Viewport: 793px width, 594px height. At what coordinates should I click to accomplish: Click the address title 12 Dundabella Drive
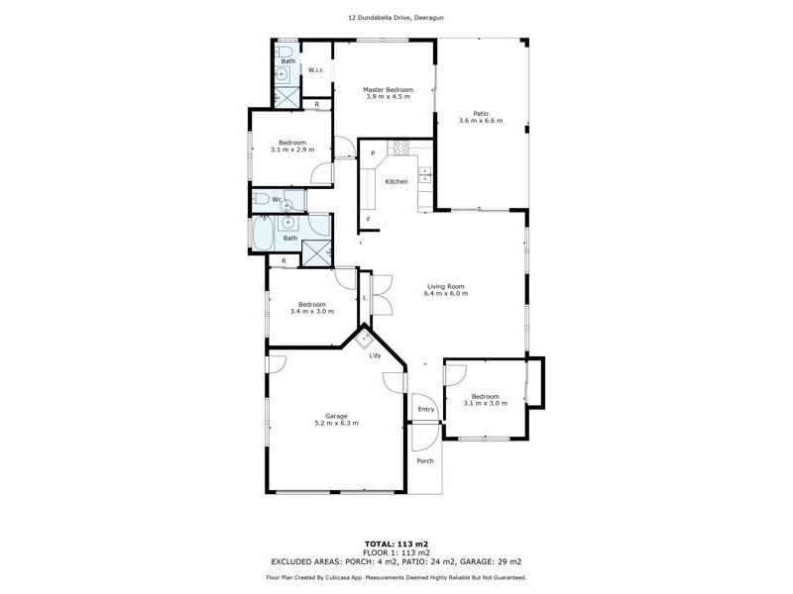pos(396,17)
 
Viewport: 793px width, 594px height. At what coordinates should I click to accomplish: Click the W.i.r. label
pos(316,70)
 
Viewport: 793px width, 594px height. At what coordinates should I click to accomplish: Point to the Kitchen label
pos(396,182)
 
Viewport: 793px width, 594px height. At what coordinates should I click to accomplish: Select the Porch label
pos(425,461)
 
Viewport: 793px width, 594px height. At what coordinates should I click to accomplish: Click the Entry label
pos(426,409)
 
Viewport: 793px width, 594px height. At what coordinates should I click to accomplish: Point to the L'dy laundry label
pos(376,370)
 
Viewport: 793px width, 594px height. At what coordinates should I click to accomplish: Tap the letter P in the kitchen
pos(373,153)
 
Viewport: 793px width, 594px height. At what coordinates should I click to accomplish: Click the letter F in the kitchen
pos(369,219)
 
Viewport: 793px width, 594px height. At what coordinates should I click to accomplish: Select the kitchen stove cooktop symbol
pos(402,148)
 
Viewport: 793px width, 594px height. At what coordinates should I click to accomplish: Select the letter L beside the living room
pos(365,298)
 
